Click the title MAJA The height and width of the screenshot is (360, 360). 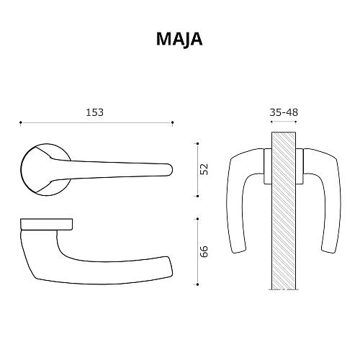pyautogui.click(x=179, y=39)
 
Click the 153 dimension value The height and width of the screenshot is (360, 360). pyautogui.click(x=94, y=112)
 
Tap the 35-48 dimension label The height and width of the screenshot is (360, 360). pyautogui.click(x=284, y=112)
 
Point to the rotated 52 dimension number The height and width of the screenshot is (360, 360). pyautogui.click(x=204, y=169)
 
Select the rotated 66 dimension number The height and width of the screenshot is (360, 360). pyautogui.click(x=204, y=251)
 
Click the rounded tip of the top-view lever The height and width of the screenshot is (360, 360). pyautogui.click(x=168, y=169)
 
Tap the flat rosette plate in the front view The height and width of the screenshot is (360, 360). pyautogui.click(x=47, y=223)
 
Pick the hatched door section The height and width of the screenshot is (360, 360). pyautogui.click(x=284, y=209)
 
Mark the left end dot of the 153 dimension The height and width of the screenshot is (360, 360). pyautogui.click(x=20, y=122)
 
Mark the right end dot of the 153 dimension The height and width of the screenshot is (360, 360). pyautogui.click(x=173, y=122)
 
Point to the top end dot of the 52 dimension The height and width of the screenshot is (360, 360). pyautogui.click(x=197, y=143)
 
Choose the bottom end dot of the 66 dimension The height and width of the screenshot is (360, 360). pyautogui.click(x=197, y=284)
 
